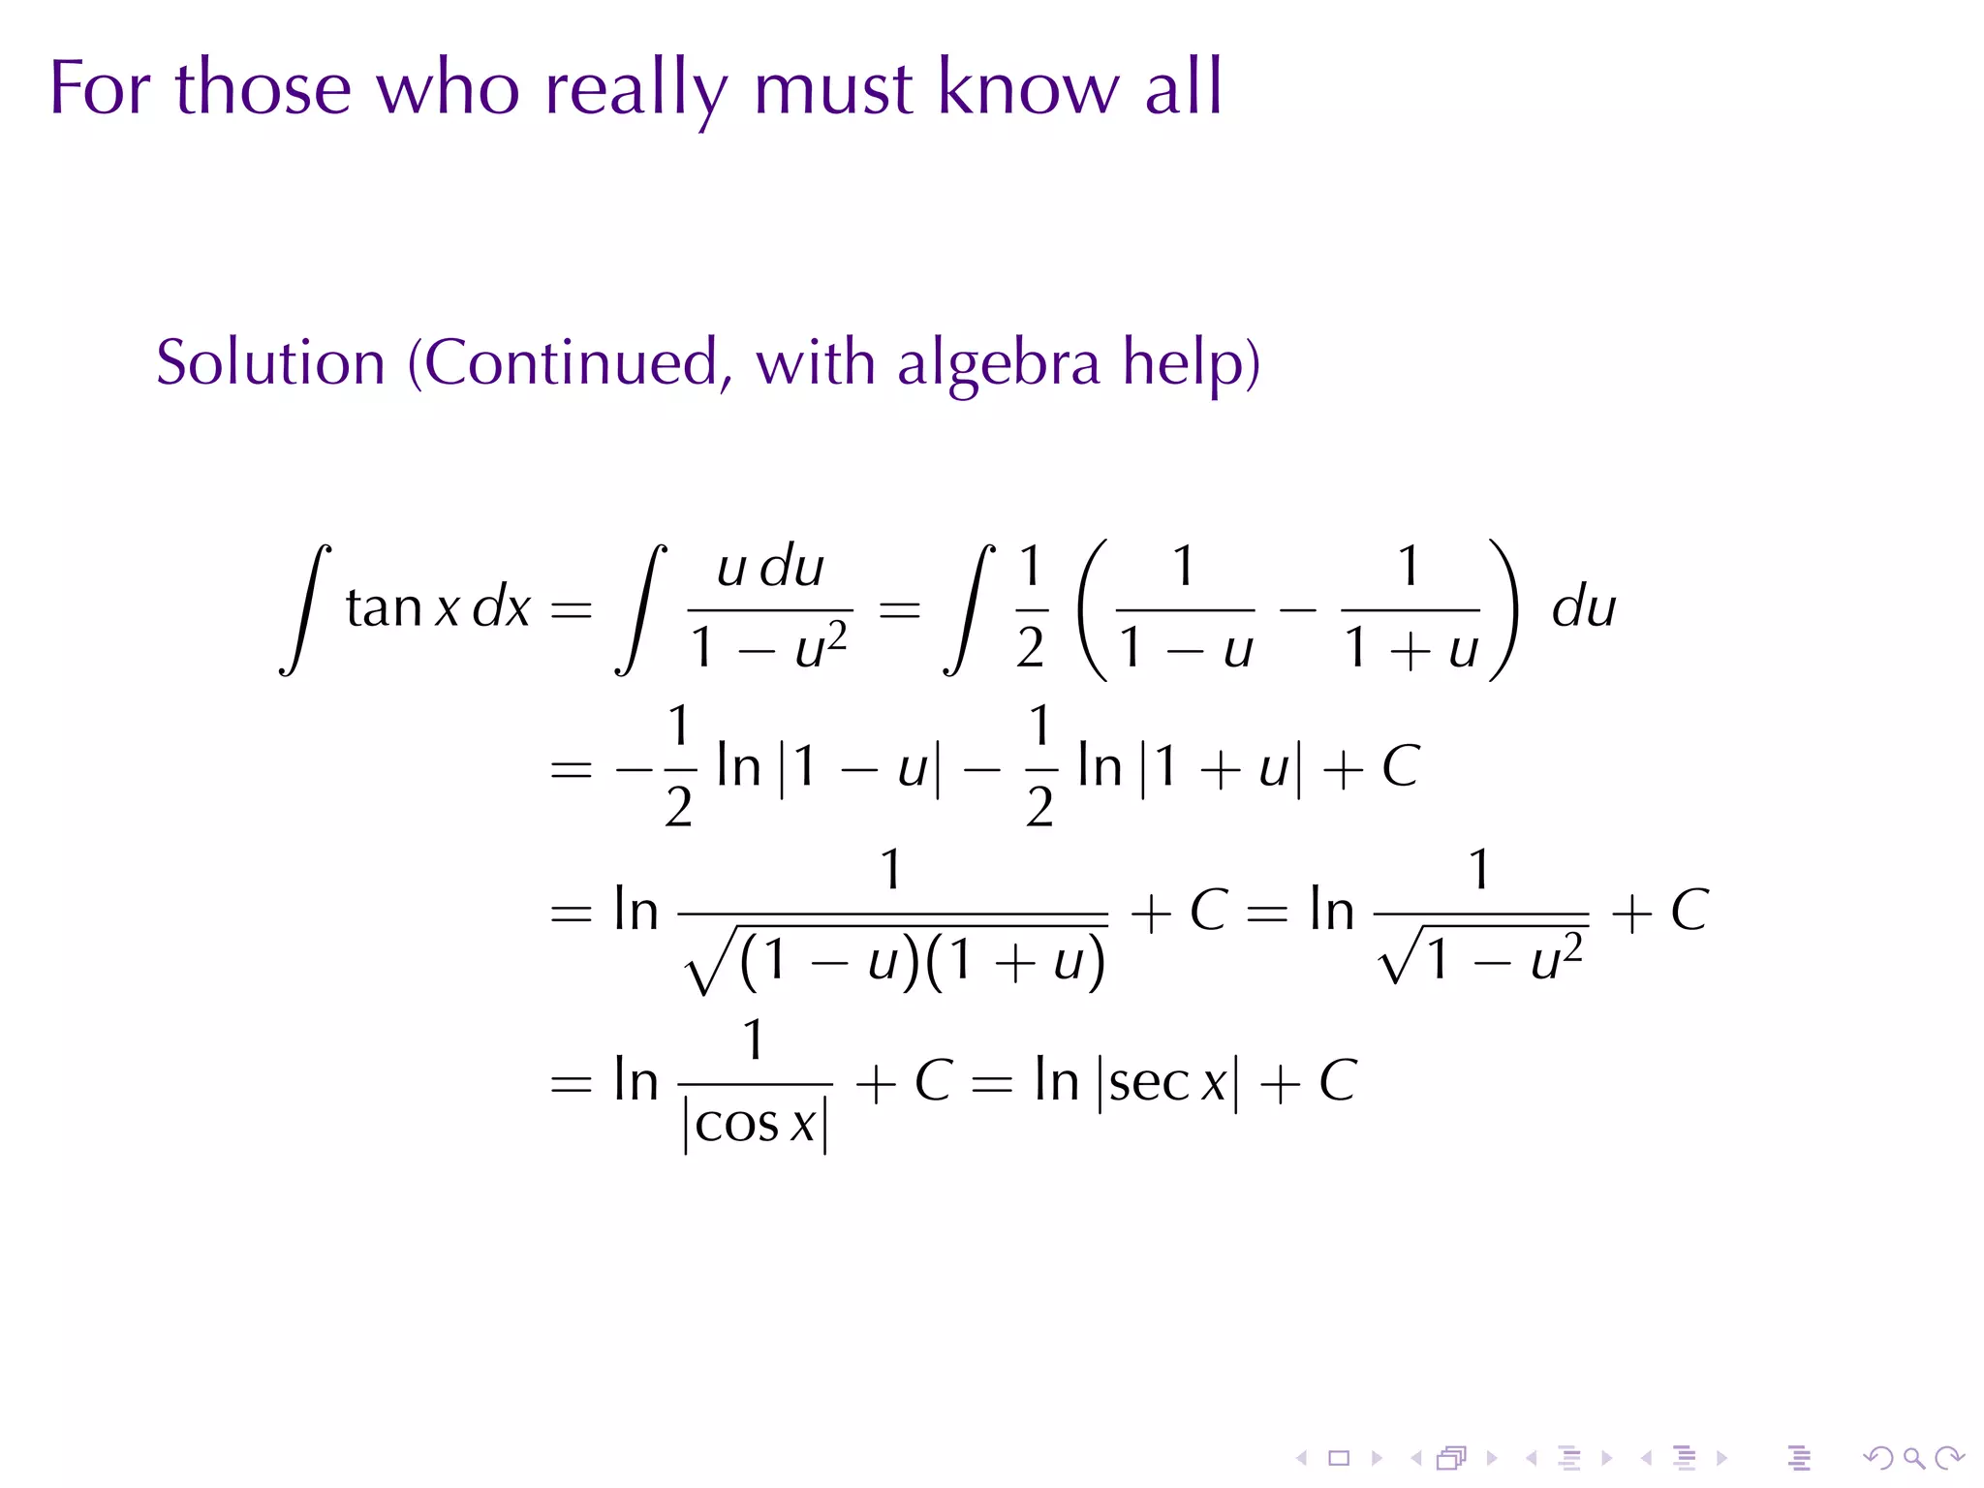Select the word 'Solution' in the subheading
coord(270,363)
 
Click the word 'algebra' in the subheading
coord(998,363)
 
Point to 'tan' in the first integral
coord(384,608)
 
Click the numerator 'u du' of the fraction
coord(770,568)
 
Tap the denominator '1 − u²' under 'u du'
coord(769,646)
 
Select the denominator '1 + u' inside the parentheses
coord(1410,649)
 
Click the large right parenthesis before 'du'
coord(1503,609)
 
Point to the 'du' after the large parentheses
coord(1583,608)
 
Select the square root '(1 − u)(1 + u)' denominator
coord(895,962)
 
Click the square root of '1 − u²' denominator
coord(1482,958)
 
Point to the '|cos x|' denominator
coord(756,1126)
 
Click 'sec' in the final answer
coord(1149,1082)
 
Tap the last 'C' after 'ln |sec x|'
coord(1338,1081)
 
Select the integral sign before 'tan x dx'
coord(305,609)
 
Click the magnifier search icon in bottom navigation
coord(1913,1458)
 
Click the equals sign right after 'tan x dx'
coord(571,609)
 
